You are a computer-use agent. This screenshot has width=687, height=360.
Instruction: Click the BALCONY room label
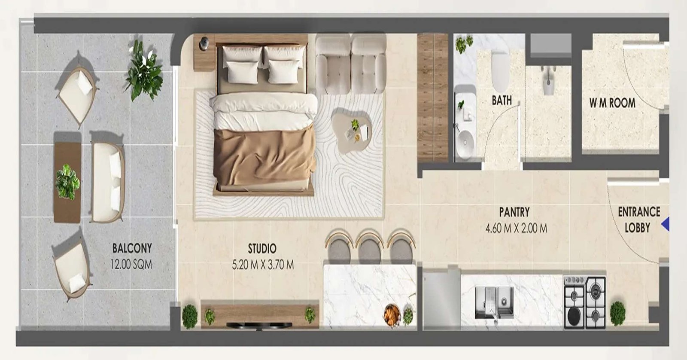coord(132,248)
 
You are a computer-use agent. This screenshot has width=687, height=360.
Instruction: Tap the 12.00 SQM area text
coord(131,264)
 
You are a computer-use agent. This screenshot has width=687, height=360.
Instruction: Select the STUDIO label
coord(262,248)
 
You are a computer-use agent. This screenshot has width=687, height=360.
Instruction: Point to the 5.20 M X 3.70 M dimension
coord(263,265)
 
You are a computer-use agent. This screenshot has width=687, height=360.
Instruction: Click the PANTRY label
coord(514,212)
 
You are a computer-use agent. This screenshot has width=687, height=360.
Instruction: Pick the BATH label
coord(502,100)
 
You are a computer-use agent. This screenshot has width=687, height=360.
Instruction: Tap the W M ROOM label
coord(612,103)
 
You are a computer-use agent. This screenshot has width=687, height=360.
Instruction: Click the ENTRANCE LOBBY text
coord(638,220)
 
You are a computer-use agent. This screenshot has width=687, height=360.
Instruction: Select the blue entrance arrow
coord(666,224)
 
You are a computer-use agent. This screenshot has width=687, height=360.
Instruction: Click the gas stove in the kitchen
coord(585,302)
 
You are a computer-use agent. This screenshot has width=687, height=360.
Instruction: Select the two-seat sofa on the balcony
coord(107,183)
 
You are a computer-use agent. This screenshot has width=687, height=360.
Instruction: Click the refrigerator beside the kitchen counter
coord(441,299)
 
